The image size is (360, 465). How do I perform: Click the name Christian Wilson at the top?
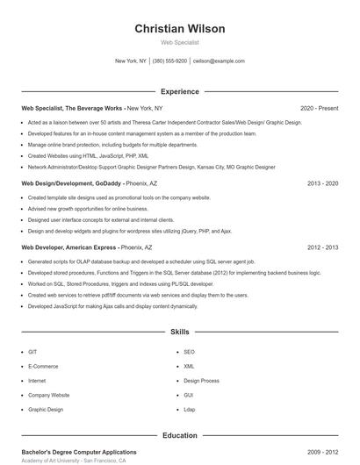[x=180, y=29]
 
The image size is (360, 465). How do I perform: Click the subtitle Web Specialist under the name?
[x=180, y=42]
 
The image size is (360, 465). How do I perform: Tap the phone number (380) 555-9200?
[x=169, y=61]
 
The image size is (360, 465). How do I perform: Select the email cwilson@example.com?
[x=219, y=61]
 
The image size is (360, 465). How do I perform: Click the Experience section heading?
[x=179, y=91]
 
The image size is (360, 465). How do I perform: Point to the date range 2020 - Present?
[x=319, y=108]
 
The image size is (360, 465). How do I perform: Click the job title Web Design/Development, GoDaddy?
[x=70, y=184]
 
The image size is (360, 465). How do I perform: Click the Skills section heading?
[x=179, y=333]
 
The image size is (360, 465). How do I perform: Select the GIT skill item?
[x=32, y=352]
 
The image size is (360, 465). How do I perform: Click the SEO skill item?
[x=189, y=352]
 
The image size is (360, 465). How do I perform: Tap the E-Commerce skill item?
[x=42, y=366]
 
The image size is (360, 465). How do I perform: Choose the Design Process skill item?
[x=201, y=381]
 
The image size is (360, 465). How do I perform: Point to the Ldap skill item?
[x=190, y=409]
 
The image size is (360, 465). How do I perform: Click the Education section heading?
[x=179, y=435]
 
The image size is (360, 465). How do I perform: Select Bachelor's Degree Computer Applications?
[x=79, y=452]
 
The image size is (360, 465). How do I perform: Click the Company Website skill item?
[x=48, y=395]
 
